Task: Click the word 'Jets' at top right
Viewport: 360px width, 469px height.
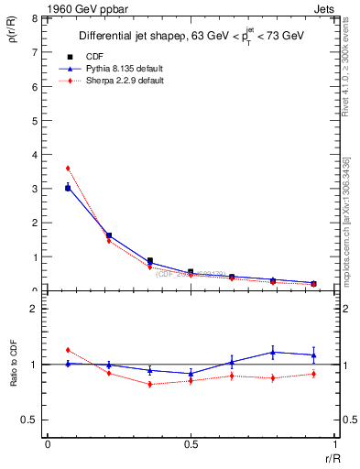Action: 322,8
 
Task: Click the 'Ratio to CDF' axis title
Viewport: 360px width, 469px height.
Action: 14,364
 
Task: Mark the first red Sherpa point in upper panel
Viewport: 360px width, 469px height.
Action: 68,169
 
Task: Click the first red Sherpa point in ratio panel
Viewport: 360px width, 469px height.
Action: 68,350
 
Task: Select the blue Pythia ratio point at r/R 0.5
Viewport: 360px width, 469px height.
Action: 191,374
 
